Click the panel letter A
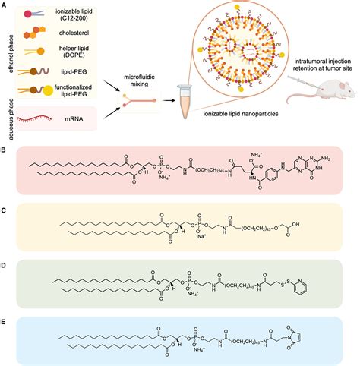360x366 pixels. [x=4, y=5]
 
